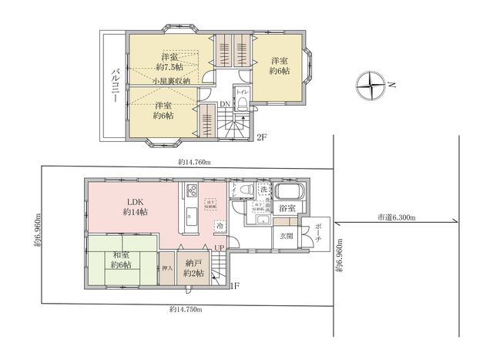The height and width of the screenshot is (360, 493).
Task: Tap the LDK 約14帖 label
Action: (x=137, y=207)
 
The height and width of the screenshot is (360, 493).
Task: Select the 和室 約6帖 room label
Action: (x=120, y=260)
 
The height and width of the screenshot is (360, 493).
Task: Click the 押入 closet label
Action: (x=167, y=269)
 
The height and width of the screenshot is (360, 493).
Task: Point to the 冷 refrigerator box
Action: (x=220, y=227)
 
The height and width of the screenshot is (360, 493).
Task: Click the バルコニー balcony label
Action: (x=114, y=86)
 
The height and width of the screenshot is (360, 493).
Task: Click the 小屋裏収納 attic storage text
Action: (x=176, y=81)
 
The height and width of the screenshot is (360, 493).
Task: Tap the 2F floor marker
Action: (x=261, y=138)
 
